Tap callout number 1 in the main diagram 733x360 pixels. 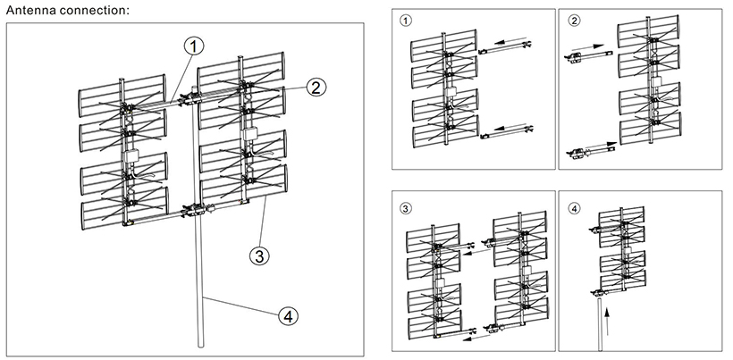click(194, 47)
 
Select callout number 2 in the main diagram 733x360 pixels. click(316, 88)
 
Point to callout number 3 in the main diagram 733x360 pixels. click(259, 255)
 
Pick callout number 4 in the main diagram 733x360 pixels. click(288, 316)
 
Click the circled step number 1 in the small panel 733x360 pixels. click(407, 21)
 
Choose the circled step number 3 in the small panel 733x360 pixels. click(407, 209)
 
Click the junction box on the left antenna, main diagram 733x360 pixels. click(130, 155)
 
